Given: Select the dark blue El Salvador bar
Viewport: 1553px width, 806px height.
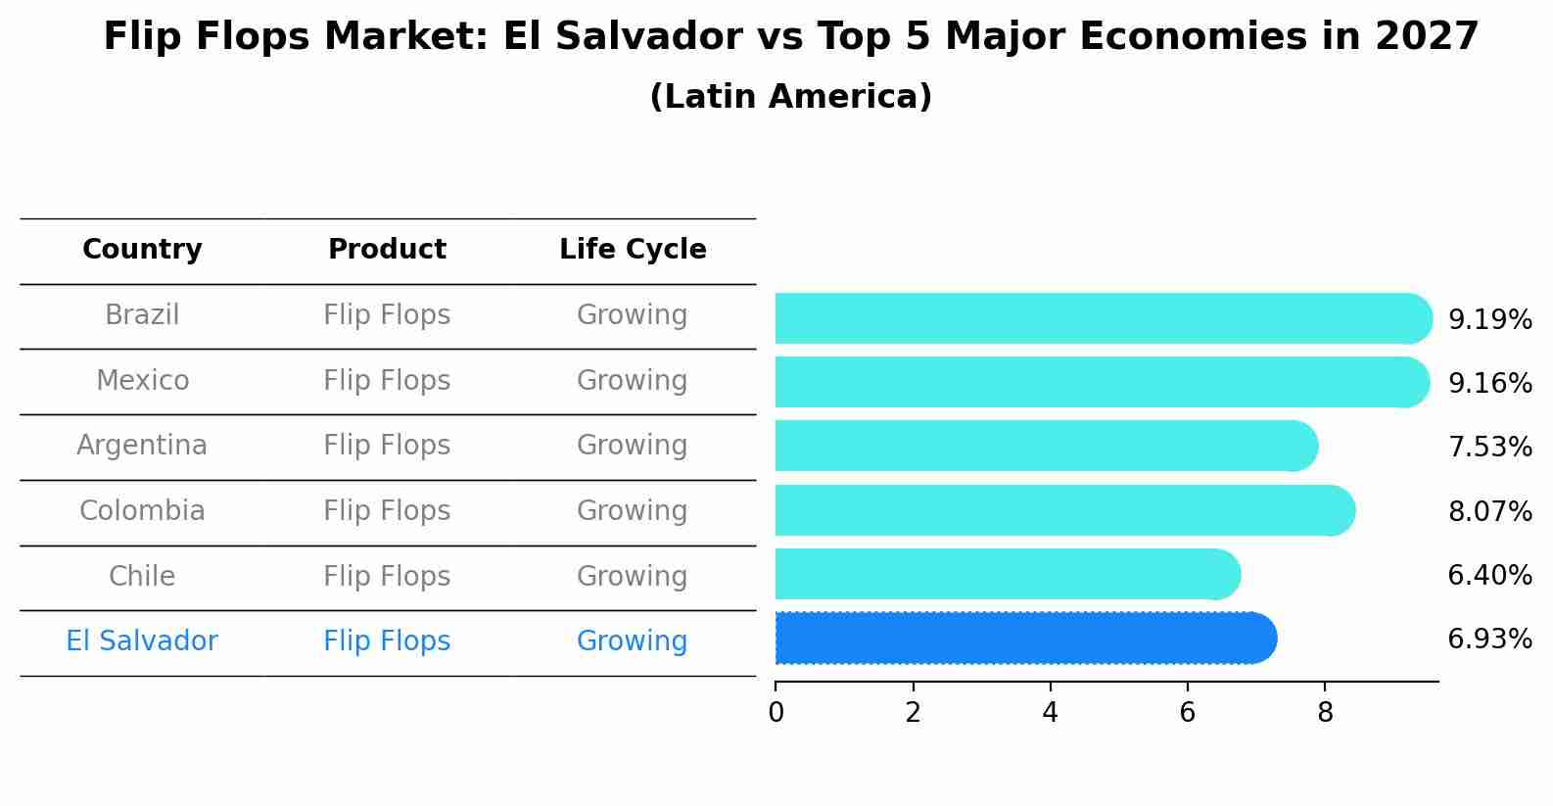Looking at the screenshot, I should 1023,639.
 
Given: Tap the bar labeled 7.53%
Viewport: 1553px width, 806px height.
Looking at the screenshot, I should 1043,447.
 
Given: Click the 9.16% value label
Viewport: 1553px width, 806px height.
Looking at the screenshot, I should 1489,383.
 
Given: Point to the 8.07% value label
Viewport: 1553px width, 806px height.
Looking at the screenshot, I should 1489,511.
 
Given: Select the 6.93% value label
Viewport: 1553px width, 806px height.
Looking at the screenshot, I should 1489,640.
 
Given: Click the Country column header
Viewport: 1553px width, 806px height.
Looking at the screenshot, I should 142,250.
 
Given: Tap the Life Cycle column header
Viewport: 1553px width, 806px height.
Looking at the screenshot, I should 633,250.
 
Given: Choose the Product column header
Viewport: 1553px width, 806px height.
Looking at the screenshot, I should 387,250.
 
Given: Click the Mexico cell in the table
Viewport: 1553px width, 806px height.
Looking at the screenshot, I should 142,380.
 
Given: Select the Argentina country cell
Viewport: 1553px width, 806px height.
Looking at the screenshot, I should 142,446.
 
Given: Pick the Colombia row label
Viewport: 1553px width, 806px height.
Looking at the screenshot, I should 142,511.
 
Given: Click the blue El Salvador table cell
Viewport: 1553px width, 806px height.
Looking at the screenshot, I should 142,641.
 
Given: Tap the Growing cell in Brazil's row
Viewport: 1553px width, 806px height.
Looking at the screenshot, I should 632,315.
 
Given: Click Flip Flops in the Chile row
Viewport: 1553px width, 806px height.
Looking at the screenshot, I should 387,576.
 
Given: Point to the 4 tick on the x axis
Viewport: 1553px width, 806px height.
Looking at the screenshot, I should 1050,713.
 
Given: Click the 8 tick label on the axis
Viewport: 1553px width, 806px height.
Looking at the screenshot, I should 1325,713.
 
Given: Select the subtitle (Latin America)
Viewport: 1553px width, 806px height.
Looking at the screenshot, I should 790,97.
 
